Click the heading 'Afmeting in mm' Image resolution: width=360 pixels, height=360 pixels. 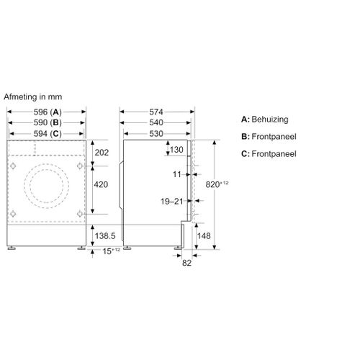tap(33, 96)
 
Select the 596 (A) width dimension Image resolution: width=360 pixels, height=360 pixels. tap(48, 112)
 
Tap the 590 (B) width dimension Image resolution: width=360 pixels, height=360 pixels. tap(48, 122)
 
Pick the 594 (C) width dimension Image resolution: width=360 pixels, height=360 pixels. tap(48, 134)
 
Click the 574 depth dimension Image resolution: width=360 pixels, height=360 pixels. tap(156, 112)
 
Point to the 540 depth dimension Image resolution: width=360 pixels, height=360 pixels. tap(156, 122)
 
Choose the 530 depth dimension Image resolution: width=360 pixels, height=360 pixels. tap(156, 134)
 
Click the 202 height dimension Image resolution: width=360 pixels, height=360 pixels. tap(102, 153)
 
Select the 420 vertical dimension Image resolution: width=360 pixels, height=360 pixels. tap(101, 184)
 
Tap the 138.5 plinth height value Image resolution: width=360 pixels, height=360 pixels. tap(105, 236)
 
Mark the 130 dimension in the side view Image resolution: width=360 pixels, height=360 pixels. tap(176, 150)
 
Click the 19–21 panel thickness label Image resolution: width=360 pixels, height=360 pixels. tap(172, 202)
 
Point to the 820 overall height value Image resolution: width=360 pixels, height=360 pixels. tap(212, 184)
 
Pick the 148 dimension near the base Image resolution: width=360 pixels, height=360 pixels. tap(204, 236)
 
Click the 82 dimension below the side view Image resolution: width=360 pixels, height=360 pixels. tap(186, 263)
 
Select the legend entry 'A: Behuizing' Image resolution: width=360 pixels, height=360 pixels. tap(265, 120)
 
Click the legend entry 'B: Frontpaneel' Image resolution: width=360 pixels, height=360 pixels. tap(269, 137)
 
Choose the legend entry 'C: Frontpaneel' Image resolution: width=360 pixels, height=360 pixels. tap(269, 154)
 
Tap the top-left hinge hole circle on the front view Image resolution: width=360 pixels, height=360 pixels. tap(13, 166)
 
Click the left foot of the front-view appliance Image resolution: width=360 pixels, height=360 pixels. tap(12, 248)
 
